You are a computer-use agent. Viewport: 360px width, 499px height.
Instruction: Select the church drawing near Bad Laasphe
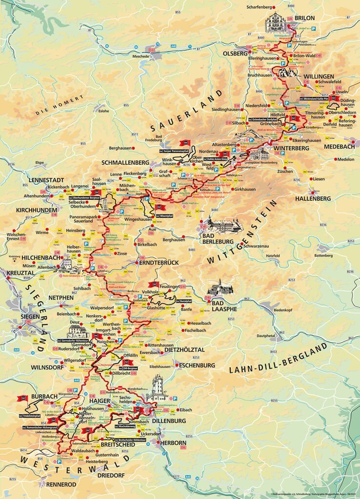coord(220,287)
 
